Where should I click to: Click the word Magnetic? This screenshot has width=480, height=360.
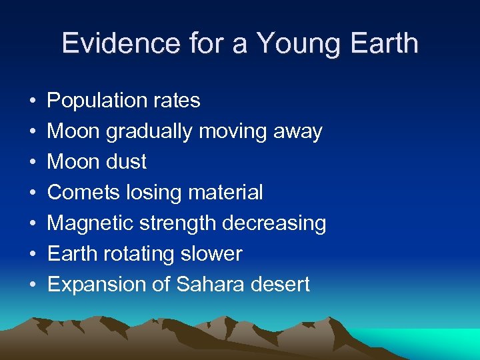[90, 223]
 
